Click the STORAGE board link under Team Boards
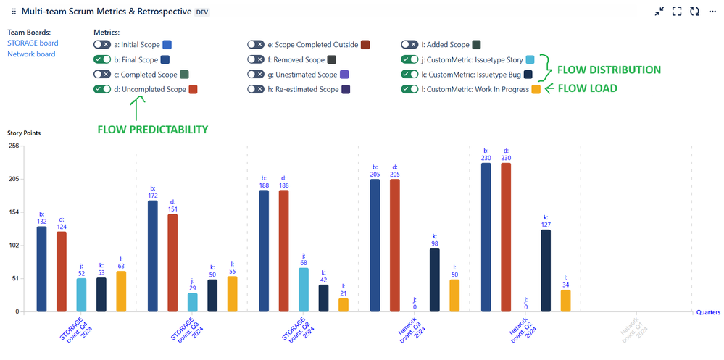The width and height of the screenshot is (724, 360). coord(33,43)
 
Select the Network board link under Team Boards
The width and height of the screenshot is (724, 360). coord(31,54)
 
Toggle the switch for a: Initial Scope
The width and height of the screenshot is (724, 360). coord(102,45)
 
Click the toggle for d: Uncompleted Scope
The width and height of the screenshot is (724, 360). coord(102,89)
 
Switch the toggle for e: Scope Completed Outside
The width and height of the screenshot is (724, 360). coord(255,45)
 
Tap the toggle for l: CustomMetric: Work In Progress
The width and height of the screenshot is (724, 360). coord(409,89)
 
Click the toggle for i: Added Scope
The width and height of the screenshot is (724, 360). coord(409,45)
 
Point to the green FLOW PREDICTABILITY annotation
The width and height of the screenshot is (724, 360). coord(152,130)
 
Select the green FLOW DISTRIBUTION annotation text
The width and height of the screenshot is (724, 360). coord(608,70)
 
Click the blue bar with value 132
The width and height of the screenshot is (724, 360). coord(42,269)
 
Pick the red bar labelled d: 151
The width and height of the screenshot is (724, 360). coord(172,263)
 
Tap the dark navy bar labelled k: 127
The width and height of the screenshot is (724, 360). coord(546,271)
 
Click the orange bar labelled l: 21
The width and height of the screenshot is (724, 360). coord(344,305)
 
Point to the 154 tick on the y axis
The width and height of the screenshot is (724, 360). coord(13,212)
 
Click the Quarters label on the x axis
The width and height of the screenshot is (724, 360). coord(708,313)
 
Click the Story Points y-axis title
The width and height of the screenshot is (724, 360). coord(25,133)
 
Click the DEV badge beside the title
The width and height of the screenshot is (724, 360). coord(203,12)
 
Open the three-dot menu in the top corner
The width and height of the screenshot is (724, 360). coord(713,12)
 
